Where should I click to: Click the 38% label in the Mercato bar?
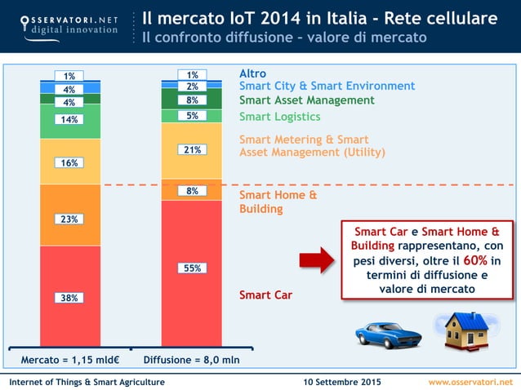click(69, 298)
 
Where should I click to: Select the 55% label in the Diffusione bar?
click(192, 268)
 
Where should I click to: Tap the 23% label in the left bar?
click(69, 219)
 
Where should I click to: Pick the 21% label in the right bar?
click(192, 150)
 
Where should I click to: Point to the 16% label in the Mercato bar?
click(69, 162)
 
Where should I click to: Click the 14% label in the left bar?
click(69, 119)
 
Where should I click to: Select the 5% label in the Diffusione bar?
click(192, 116)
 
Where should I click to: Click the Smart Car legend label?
click(265, 295)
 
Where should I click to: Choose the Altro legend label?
click(252, 74)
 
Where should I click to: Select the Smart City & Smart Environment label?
click(327, 86)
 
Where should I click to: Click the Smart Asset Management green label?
click(306, 100)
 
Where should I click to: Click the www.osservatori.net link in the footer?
click(470, 382)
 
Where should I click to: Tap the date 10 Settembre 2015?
click(341, 382)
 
